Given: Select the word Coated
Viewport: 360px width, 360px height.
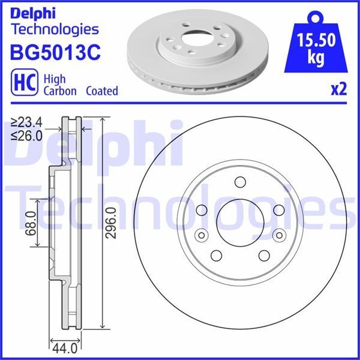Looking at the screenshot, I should [x=102, y=91].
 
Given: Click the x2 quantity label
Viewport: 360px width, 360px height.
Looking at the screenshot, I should [x=339, y=90].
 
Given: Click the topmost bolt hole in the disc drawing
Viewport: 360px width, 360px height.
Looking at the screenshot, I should [x=240, y=182].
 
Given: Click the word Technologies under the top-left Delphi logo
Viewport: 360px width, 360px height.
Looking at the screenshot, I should [x=55, y=28].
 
